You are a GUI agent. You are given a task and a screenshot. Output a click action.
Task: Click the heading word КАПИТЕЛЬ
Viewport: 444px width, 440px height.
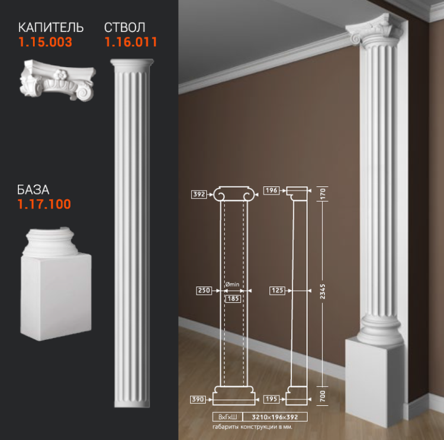51,27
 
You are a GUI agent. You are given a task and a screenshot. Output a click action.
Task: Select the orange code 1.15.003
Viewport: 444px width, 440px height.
46,42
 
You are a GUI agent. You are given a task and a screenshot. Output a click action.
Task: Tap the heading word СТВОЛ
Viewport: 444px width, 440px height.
124,27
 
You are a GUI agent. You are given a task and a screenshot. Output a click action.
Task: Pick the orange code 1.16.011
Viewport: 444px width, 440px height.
131,42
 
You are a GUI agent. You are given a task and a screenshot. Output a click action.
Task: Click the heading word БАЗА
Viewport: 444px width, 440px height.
33,190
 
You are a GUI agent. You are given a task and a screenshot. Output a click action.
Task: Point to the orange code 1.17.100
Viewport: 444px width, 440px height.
44,204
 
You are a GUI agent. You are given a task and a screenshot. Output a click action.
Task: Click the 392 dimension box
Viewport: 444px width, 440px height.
199,195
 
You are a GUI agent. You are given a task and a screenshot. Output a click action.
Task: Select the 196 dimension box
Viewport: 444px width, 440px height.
271,190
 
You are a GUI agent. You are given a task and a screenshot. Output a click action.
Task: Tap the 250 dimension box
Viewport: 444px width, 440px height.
204,291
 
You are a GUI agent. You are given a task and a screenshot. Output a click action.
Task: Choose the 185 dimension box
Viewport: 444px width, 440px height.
233,299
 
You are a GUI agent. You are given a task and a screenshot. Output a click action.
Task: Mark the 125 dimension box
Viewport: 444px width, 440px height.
277,291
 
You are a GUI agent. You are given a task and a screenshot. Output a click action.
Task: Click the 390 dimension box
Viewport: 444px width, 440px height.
198,400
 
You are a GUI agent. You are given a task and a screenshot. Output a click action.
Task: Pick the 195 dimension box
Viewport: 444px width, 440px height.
271,399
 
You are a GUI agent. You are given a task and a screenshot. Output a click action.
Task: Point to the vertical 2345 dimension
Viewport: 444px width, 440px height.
323,291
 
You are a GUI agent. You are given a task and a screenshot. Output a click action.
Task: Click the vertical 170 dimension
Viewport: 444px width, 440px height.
323,194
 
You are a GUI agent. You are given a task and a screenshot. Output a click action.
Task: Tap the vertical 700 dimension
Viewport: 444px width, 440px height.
323,396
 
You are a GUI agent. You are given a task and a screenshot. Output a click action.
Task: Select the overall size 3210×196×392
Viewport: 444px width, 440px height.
275,417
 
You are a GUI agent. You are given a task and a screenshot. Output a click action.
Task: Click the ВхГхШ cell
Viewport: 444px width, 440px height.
228,417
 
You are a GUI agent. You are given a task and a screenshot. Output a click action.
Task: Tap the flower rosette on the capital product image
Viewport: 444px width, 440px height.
60,75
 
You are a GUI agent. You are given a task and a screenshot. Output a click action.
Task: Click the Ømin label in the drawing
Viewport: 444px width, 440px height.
232,284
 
